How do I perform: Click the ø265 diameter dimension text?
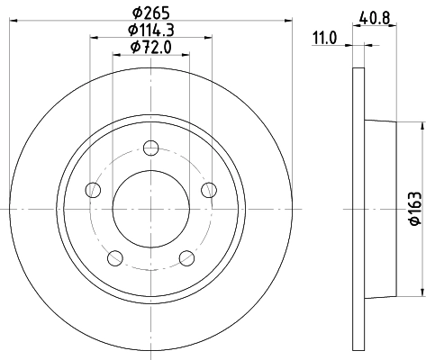150,12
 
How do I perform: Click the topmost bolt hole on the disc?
150,148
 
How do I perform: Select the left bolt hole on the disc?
92,190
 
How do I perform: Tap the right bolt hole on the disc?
209,189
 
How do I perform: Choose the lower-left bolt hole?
114,259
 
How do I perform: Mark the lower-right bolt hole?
186,259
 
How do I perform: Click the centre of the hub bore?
150,209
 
